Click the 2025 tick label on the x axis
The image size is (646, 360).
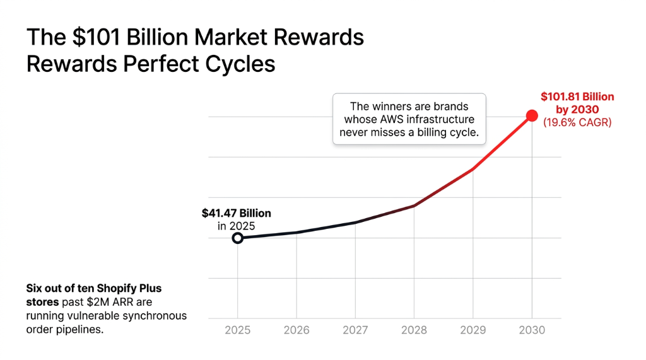pos(238,330)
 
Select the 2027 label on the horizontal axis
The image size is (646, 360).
pos(355,330)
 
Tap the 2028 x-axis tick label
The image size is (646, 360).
pos(414,330)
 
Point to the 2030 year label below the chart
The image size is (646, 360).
pos(532,330)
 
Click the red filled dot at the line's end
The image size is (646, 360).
pos(532,115)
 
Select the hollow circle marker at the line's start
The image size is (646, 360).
pos(238,238)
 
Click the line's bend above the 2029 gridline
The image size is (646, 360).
pos(473,169)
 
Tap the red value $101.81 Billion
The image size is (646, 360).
pos(577,96)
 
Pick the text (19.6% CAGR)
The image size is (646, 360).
pos(577,122)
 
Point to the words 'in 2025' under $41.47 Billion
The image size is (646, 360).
pos(236,226)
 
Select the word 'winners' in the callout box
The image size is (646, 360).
pos(393,106)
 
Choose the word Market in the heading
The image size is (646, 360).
pos(231,38)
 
